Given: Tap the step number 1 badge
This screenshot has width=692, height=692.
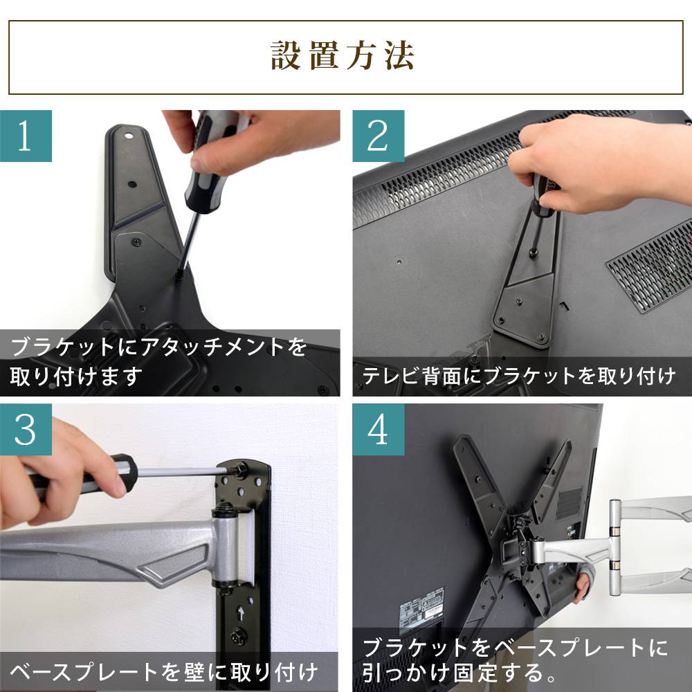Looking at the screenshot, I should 26,135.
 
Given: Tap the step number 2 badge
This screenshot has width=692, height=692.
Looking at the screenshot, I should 378,135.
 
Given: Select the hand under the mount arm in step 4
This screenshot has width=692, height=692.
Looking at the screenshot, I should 583,581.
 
